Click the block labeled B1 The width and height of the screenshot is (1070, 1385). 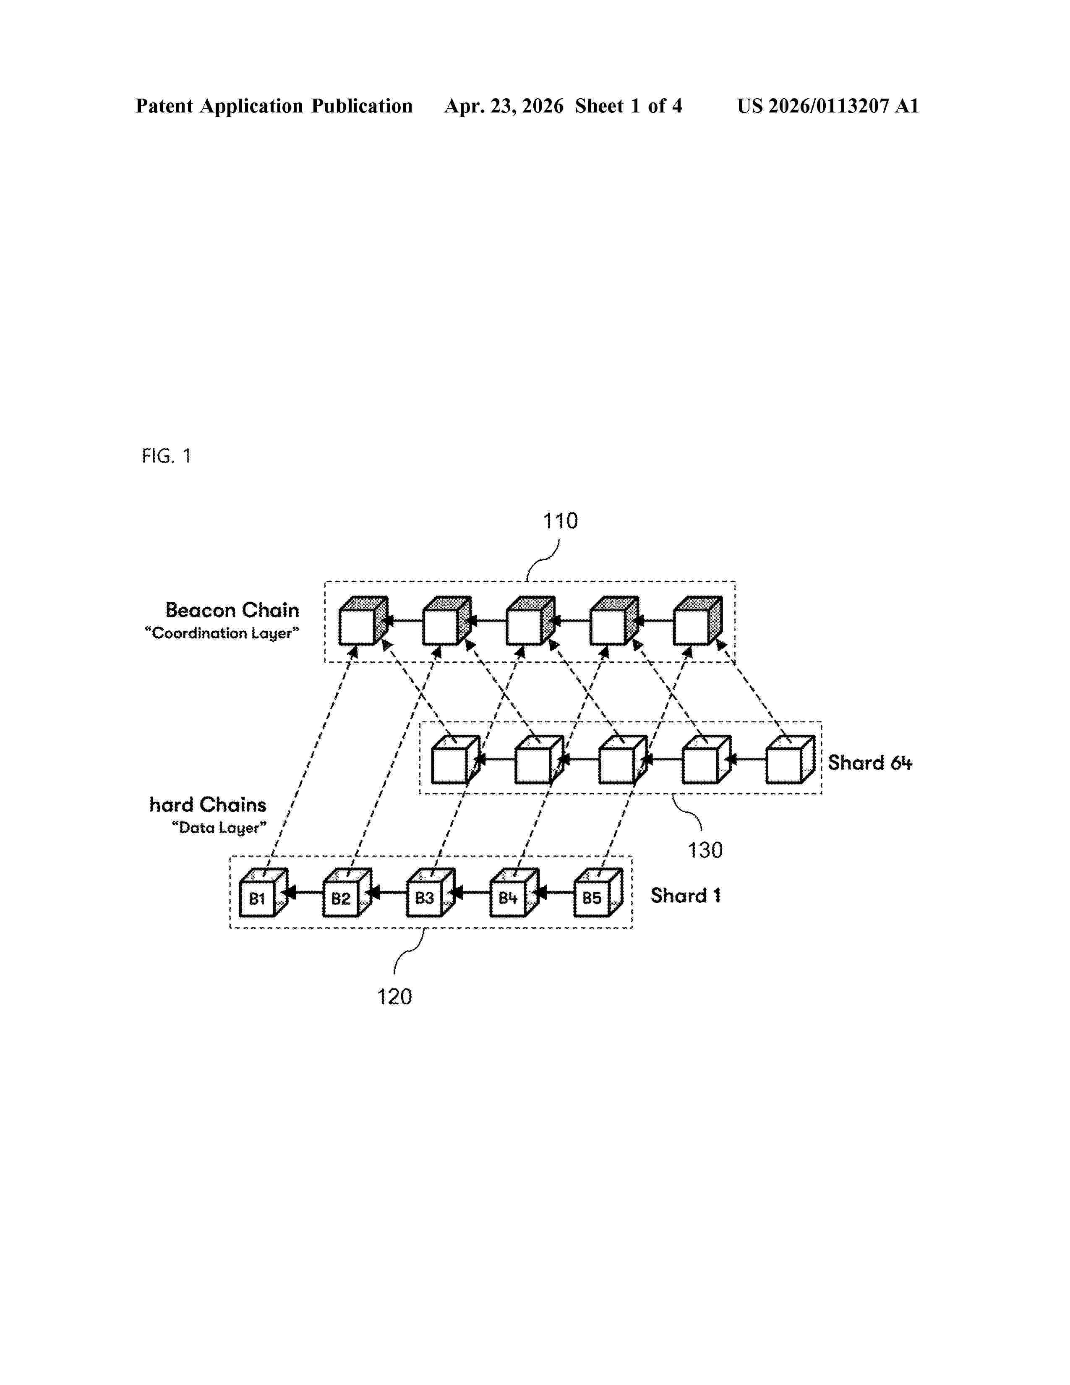pyautogui.click(x=263, y=892)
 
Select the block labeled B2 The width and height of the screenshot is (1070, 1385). pyautogui.click(x=347, y=892)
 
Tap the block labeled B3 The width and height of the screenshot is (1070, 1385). pyautogui.click(x=431, y=892)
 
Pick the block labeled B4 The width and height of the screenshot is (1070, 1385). pyautogui.click(x=514, y=892)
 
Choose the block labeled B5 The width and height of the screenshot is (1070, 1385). pyautogui.click(x=598, y=892)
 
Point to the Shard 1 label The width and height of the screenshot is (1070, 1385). pyautogui.click(x=685, y=896)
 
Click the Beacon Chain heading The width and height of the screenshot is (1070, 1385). pyautogui.click(x=232, y=610)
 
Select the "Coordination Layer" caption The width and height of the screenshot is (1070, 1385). pyautogui.click(x=222, y=633)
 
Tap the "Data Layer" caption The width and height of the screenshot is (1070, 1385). pyautogui.click(x=219, y=828)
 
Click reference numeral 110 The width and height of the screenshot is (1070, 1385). pyautogui.click(x=560, y=521)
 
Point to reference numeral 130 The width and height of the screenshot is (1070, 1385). pyautogui.click(x=705, y=850)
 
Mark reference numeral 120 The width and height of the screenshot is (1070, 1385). pyautogui.click(x=394, y=997)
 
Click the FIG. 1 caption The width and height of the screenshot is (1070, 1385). pyautogui.click(x=166, y=456)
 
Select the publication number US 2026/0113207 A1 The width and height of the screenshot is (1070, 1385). pyautogui.click(x=828, y=106)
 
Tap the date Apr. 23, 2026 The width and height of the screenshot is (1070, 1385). pyautogui.click(x=504, y=106)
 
